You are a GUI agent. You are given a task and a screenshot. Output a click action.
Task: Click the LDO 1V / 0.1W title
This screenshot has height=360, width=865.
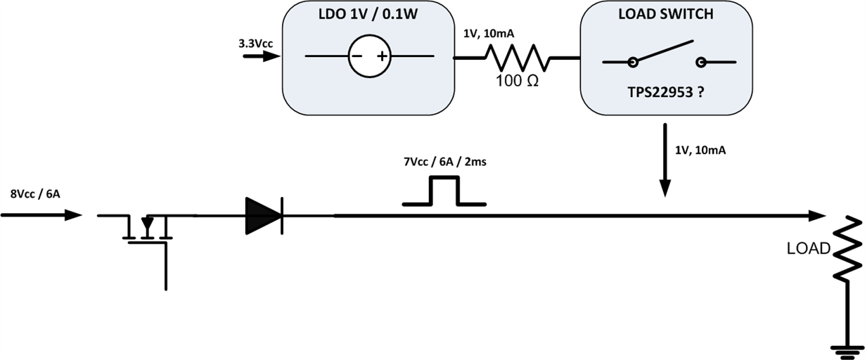coord(364,15)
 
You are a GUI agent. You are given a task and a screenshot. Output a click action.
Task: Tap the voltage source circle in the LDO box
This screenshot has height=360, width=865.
coord(369,56)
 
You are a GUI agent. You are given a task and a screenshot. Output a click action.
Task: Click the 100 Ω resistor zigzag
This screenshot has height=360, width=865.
coord(515,57)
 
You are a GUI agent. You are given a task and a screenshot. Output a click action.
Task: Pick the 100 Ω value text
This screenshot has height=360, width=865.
coord(517,81)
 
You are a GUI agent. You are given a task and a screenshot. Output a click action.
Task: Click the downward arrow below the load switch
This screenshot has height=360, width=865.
coord(665,162)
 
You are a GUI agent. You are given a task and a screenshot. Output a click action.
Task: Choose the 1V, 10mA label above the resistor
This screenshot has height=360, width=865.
coord(483,33)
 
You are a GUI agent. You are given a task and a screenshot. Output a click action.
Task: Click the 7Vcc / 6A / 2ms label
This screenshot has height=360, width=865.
coord(444,163)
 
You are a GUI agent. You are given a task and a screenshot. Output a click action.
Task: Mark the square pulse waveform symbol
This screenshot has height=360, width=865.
coord(444,192)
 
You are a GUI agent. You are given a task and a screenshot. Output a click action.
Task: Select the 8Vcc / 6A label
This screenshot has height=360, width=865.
coord(34,195)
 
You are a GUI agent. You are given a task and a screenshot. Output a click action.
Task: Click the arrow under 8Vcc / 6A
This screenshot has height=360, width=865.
coord(42,215)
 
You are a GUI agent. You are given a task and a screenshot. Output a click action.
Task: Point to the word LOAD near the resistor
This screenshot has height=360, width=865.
coord(809,248)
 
